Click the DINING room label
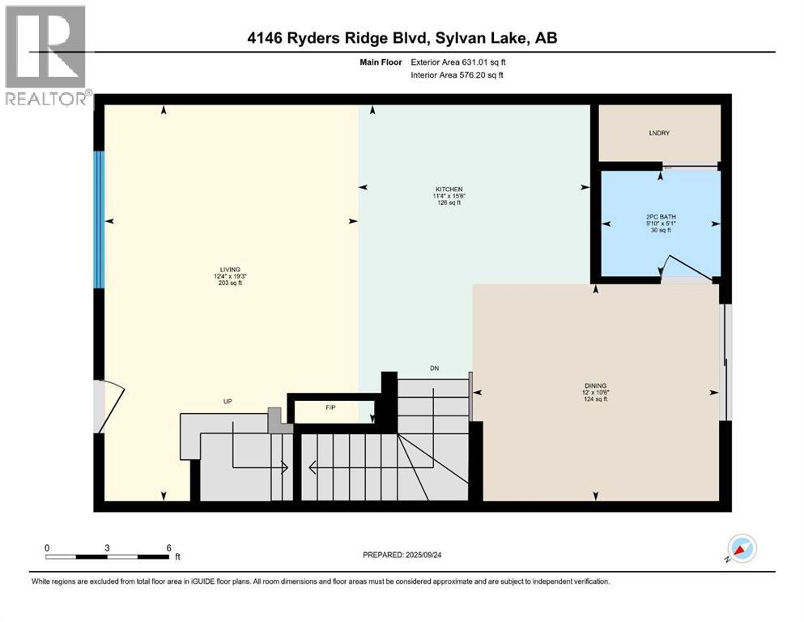click(x=596, y=386)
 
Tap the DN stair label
click(x=434, y=369)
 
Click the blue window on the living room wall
click(x=99, y=219)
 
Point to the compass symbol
click(x=741, y=548)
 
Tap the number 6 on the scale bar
click(x=168, y=547)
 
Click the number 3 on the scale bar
click(x=107, y=547)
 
